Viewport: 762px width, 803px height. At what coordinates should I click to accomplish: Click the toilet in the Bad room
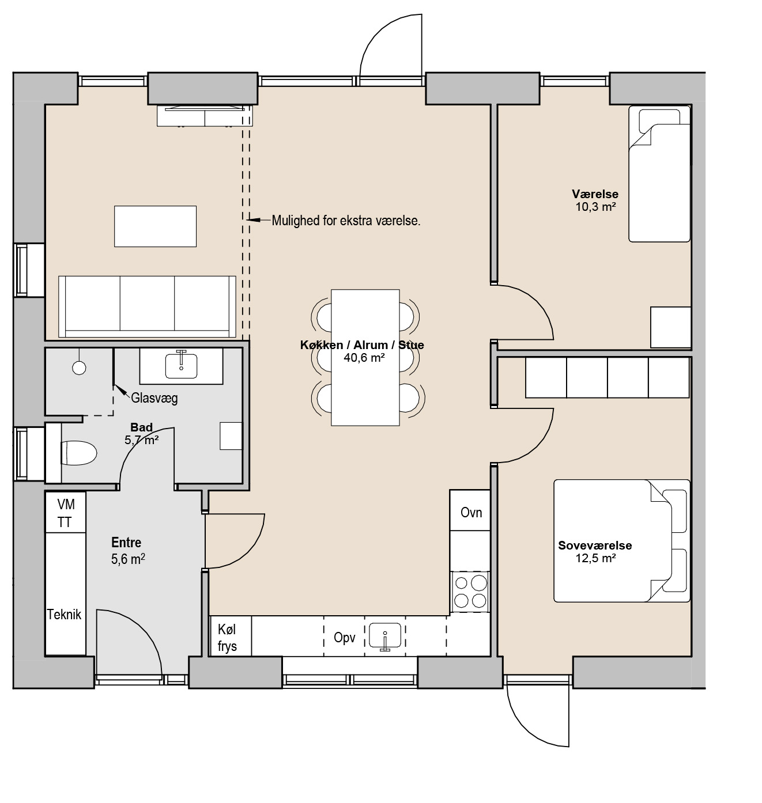78,453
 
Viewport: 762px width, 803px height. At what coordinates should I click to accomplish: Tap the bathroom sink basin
181,366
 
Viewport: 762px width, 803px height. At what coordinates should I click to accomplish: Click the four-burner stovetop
470,592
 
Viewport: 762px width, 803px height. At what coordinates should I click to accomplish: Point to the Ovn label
471,512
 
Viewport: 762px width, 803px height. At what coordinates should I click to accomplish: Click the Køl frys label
227,638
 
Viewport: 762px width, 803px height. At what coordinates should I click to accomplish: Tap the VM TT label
65,513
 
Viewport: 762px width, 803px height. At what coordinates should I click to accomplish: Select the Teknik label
64,614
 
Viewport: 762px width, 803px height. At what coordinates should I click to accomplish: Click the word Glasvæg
154,398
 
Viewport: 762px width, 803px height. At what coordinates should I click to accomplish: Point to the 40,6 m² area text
364,358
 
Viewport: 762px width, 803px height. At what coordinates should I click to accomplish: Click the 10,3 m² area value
595,207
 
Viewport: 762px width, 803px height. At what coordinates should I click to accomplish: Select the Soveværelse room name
595,546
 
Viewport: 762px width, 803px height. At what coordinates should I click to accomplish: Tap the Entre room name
126,543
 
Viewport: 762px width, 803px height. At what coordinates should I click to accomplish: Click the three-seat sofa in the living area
147,306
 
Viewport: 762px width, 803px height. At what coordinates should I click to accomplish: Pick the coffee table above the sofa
156,226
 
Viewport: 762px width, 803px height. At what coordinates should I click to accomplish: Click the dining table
365,358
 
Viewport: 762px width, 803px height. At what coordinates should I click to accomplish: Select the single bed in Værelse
659,173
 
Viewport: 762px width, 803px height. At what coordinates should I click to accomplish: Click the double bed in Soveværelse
621,541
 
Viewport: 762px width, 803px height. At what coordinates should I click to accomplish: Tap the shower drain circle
79,368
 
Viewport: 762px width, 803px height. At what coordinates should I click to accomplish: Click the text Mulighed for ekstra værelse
346,221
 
